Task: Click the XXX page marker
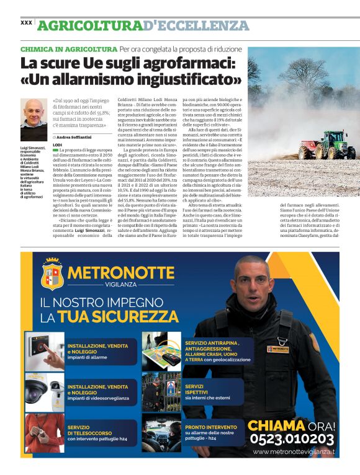click(x=26, y=22)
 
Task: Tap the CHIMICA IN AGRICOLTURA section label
click(x=69, y=49)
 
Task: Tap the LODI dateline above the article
click(x=58, y=144)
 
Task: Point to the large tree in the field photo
click(x=310, y=78)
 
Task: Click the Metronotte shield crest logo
click(x=52, y=274)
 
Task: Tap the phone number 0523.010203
click(x=293, y=439)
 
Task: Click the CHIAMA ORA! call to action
click(x=292, y=425)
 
